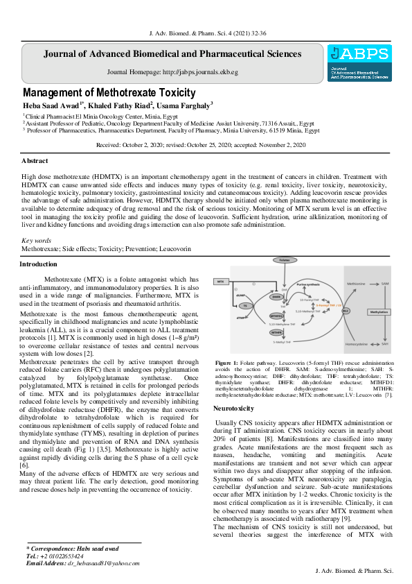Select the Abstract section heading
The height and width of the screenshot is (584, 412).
pyautogui.click(x=35, y=160)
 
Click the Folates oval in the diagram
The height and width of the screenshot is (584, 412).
pyautogui.click(x=284, y=259)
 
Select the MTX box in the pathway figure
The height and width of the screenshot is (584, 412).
pyautogui.click(x=220, y=282)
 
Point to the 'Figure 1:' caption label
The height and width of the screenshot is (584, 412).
pyautogui.click(x=227, y=363)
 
